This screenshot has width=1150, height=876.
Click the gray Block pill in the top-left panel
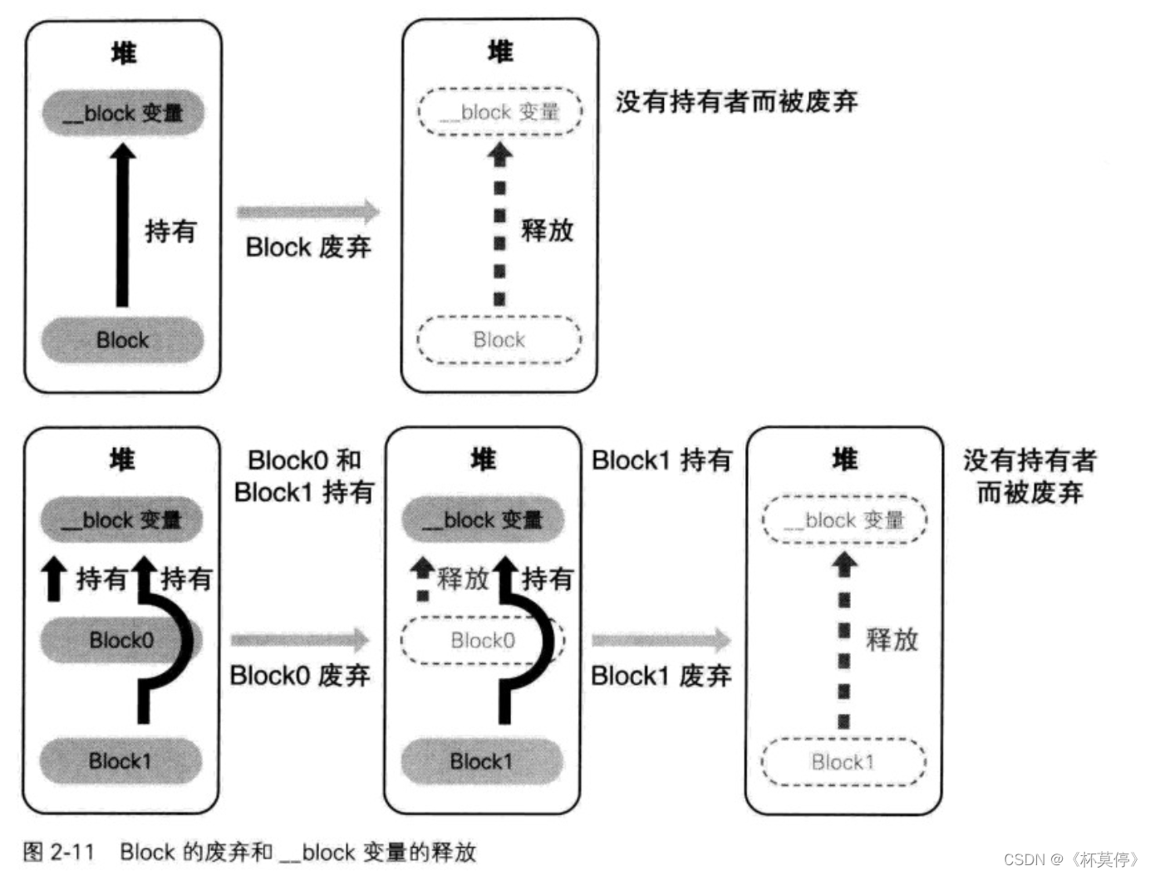[x=122, y=340]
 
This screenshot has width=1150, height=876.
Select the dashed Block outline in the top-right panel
[x=499, y=340]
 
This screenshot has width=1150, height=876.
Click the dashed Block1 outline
[x=843, y=761]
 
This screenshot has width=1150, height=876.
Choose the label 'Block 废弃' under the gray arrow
[x=308, y=247]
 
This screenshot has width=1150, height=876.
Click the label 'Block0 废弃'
[x=300, y=675]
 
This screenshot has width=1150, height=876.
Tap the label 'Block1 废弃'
[x=661, y=676]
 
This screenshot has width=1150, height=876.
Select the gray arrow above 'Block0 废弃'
[x=300, y=639]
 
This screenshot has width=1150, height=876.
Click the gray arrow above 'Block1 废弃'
[x=661, y=639]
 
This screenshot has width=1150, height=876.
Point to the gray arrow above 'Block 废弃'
[x=308, y=212]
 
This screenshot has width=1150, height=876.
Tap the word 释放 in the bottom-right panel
[x=892, y=639]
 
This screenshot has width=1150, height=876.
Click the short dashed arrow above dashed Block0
[x=423, y=579]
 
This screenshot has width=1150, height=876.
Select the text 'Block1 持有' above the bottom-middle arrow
[x=661, y=460]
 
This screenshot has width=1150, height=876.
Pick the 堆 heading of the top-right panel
[x=500, y=52]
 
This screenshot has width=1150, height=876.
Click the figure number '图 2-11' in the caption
[x=58, y=852]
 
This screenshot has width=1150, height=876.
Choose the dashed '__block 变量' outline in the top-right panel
[x=499, y=111]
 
